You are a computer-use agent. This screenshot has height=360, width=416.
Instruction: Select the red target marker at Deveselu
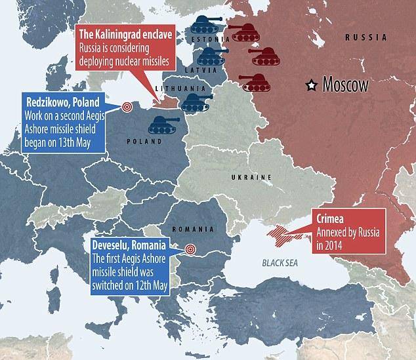190,249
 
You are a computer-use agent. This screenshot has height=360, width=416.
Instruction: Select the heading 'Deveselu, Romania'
129,244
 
